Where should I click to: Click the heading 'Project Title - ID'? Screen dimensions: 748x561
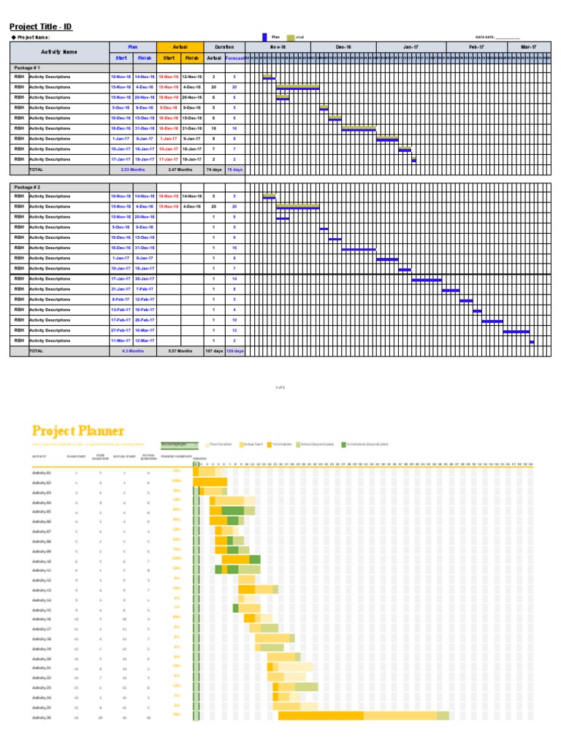click(x=41, y=27)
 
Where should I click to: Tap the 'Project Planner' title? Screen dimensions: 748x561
click(x=77, y=431)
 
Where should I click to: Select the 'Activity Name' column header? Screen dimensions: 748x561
click(x=58, y=52)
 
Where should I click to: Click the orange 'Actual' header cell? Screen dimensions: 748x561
click(x=180, y=46)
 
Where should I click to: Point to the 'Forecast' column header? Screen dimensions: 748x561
click(x=235, y=58)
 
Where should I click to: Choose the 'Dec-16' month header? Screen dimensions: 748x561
click(x=343, y=46)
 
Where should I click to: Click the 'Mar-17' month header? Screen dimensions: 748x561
click(x=528, y=46)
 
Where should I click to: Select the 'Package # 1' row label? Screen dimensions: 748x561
click(x=28, y=66)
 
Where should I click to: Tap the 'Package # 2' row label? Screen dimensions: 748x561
click(x=28, y=187)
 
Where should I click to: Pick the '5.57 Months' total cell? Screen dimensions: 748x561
click(x=180, y=351)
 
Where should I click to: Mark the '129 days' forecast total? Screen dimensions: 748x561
click(x=235, y=351)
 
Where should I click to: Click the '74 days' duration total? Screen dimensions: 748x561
click(x=213, y=169)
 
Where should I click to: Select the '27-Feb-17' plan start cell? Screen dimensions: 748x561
click(x=121, y=330)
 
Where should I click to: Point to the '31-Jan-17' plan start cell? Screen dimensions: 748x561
click(x=121, y=289)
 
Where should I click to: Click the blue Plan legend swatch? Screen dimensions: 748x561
click(x=264, y=37)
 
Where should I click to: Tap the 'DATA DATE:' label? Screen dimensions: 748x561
click(x=485, y=37)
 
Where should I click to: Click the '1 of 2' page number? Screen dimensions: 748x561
click(x=280, y=387)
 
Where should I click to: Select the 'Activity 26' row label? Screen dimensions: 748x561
click(x=42, y=717)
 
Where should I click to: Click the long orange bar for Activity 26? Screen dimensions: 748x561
click(x=321, y=717)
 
